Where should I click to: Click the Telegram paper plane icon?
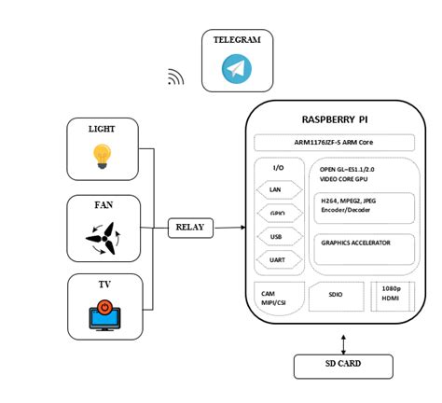pos(237,69)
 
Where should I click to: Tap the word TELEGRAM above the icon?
pos(237,41)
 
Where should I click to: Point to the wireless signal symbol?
pos(176,76)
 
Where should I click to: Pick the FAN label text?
pos(102,205)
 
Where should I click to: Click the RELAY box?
pos(190,227)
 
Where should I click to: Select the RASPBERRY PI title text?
pos(336,119)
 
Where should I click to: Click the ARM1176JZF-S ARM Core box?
pos(335,143)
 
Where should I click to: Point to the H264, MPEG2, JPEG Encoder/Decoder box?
pos(364,208)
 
